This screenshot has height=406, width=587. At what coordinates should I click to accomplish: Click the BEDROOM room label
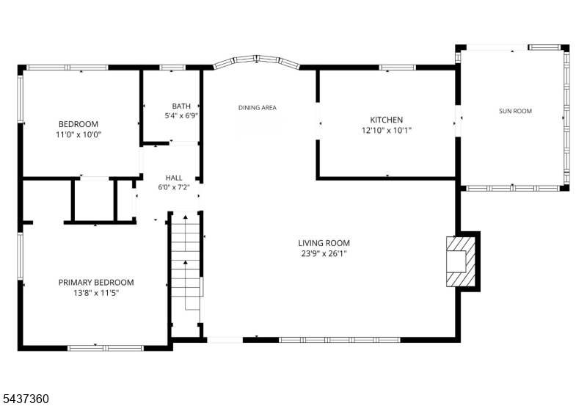(79, 124)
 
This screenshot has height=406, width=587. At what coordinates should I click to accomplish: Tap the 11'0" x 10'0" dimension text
(79, 134)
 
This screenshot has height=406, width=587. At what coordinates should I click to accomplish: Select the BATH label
(181, 106)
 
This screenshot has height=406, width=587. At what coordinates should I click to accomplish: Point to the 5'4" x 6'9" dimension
(181, 116)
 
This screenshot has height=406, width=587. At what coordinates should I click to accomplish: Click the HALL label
(174, 178)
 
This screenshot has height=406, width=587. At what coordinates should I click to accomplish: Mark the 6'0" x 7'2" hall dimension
(174, 187)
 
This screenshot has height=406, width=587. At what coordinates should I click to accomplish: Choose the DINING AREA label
(258, 107)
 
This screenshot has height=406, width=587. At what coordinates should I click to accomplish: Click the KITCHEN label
(387, 120)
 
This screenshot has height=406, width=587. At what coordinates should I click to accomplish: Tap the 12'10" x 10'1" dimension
(387, 131)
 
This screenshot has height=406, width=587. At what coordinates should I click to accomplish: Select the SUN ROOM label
(516, 111)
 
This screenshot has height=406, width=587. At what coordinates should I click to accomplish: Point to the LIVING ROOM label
(324, 243)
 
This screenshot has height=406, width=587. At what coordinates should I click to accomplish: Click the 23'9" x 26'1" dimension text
(324, 253)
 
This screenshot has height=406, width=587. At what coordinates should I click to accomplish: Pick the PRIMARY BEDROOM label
(96, 283)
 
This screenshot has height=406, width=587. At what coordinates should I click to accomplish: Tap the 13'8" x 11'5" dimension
(96, 293)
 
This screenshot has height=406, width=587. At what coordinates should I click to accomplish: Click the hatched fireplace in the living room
(461, 261)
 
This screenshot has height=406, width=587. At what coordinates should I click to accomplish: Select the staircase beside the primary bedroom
(186, 267)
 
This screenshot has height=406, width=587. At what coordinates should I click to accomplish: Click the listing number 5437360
(25, 399)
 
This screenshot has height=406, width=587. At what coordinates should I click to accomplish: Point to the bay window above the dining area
(256, 60)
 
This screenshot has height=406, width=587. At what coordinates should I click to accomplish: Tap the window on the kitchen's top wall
(397, 68)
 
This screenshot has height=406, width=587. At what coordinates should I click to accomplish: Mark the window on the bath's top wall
(172, 68)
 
